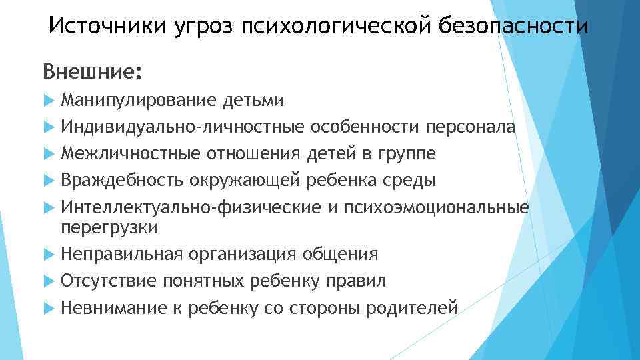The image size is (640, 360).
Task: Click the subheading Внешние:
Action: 93,71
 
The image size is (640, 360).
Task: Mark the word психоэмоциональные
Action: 437,207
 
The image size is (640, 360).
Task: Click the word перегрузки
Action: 109,228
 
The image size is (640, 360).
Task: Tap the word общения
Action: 341,255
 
